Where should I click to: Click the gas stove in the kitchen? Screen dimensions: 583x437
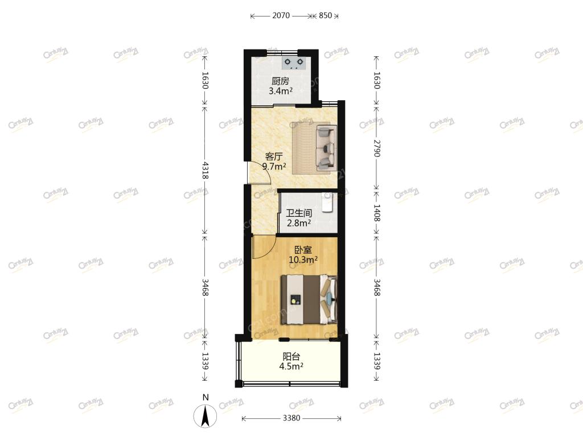point(294,63)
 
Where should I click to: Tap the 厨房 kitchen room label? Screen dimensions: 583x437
point(280,81)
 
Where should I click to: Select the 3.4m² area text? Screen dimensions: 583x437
point(280,91)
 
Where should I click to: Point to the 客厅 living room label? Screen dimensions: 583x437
point(274,157)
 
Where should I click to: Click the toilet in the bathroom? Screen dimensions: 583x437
point(327,202)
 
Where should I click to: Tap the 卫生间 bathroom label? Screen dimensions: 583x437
point(298,213)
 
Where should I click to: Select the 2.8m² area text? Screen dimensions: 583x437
point(298,223)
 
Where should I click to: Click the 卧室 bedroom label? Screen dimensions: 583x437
point(303,250)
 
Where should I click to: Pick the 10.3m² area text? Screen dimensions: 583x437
point(303,259)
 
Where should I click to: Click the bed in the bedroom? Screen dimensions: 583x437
point(309,299)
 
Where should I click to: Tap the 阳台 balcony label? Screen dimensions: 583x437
point(291,357)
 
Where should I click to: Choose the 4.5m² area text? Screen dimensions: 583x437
point(291,367)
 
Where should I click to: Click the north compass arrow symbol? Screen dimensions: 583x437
point(205,416)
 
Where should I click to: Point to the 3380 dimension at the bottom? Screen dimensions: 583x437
point(291,418)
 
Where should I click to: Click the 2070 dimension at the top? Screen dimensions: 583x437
point(281,15)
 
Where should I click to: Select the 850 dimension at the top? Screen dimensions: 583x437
point(325,15)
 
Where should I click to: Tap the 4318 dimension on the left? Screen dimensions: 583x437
point(205,170)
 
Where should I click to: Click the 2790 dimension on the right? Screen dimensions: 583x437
point(377,149)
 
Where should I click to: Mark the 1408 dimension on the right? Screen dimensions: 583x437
point(377,213)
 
